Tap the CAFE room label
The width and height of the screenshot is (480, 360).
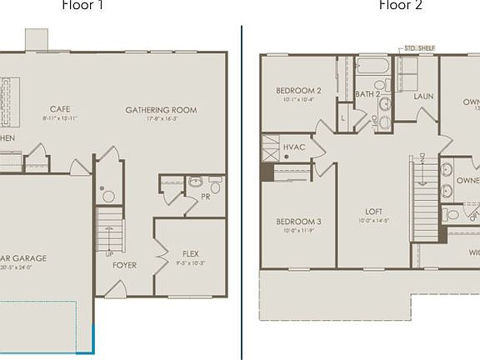tap(59, 109)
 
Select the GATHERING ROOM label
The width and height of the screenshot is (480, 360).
tap(161, 109)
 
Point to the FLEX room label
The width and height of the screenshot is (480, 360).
tap(191, 253)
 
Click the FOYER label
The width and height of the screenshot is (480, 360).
tap(125, 265)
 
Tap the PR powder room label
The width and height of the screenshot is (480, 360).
tap(205, 197)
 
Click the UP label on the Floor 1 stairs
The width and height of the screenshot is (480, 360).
tap(109, 253)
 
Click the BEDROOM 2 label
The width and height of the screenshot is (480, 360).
tap(298, 91)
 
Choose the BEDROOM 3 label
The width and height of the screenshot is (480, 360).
tap(298, 221)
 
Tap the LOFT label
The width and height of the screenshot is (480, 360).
tap(373, 212)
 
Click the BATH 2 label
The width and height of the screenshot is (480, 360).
tap(367, 94)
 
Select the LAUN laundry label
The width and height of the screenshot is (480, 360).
tap(423, 96)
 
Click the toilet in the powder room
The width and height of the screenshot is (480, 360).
tap(196, 181)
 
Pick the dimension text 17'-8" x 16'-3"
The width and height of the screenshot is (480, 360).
tap(161, 118)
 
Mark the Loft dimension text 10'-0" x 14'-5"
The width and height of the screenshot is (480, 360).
tap(373, 221)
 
